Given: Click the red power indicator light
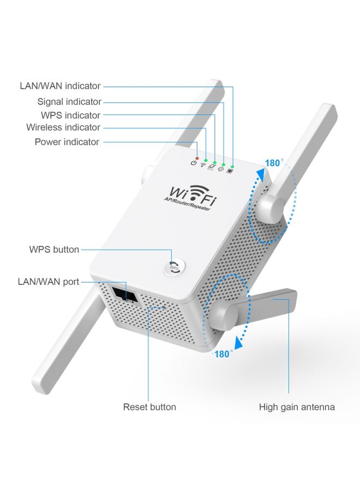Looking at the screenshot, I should [x=197, y=158].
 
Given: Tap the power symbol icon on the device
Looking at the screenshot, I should [x=194, y=163].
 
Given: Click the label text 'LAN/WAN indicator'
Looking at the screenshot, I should [x=60, y=86].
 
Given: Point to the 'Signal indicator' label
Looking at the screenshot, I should [x=69, y=101].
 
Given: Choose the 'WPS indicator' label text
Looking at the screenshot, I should [x=71, y=115].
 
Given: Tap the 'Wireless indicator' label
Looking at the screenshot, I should [x=63, y=127].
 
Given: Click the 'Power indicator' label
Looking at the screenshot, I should [x=67, y=142].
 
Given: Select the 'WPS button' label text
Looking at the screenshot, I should [x=54, y=249].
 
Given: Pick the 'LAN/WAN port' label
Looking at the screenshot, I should [x=49, y=282].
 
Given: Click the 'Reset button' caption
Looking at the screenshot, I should [x=149, y=406].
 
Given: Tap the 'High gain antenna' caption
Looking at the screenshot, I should [x=297, y=406].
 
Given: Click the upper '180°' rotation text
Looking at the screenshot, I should [x=274, y=163].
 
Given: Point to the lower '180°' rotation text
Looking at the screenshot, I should [x=223, y=354].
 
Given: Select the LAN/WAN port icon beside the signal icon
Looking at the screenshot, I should [x=230, y=171].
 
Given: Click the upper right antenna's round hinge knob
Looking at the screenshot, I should [x=271, y=206].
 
